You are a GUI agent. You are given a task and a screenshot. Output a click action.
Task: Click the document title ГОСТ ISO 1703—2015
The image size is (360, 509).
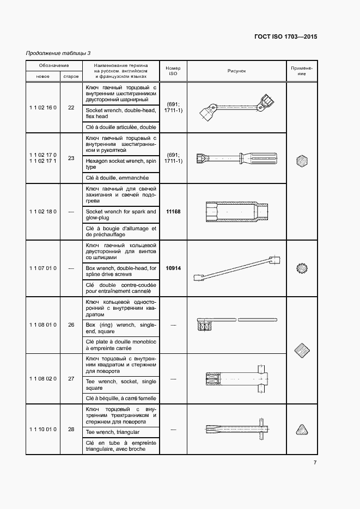pyautogui.click(x=285, y=37)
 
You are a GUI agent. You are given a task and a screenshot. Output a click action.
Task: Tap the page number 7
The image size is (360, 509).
pyautogui.click(x=315, y=463)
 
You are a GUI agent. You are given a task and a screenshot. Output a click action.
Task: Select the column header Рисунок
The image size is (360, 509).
pyautogui.click(x=237, y=71)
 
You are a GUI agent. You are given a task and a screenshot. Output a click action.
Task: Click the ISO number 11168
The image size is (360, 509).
pyautogui.click(x=173, y=212)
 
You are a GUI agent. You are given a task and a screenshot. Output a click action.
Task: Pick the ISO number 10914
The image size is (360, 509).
pyautogui.click(x=173, y=268)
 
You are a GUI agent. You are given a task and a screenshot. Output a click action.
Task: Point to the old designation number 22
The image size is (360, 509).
pyautogui.click(x=71, y=108)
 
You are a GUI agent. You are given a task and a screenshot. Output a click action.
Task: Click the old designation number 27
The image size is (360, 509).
pyautogui.click(x=71, y=378)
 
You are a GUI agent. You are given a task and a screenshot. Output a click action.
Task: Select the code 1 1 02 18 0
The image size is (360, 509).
pyautogui.click(x=43, y=212)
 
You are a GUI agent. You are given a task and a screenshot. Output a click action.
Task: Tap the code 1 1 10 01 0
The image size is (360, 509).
pyautogui.click(x=43, y=430)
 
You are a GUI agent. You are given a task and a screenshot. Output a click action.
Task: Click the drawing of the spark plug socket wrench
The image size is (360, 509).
pyautogui.click(x=236, y=211)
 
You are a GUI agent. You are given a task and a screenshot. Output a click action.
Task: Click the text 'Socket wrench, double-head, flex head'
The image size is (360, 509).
pyautogui.click(x=121, y=113)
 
